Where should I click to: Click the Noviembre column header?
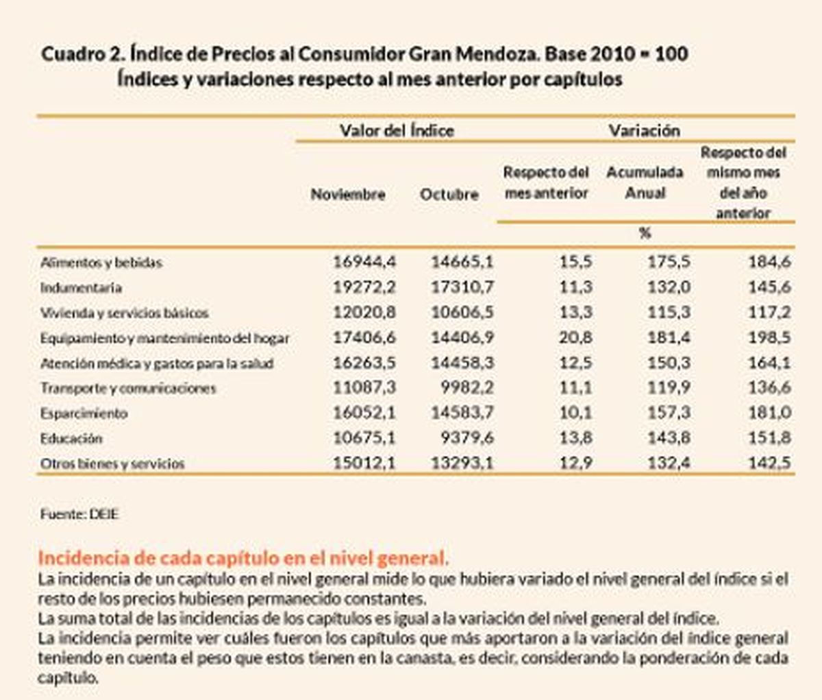(348, 194)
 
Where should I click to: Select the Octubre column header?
(449, 194)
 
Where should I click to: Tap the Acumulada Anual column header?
(645, 182)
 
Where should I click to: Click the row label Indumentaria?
(81, 287)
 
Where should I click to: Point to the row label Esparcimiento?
(84, 413)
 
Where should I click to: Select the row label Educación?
(71, 439)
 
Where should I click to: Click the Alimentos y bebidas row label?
(101, 263)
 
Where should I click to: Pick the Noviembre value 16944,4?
(364, 262)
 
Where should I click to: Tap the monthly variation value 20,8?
(575, 337)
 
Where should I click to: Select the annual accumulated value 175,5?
(669, 262)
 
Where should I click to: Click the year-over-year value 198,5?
(770, 337)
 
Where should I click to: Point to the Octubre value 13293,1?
(462, 463)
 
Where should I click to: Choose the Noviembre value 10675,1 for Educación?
(364, 438)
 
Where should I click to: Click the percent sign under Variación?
(645, 233)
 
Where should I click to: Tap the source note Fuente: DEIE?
(79, 514)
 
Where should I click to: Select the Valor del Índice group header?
(397, 130)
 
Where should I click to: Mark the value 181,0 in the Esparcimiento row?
(770, 413)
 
